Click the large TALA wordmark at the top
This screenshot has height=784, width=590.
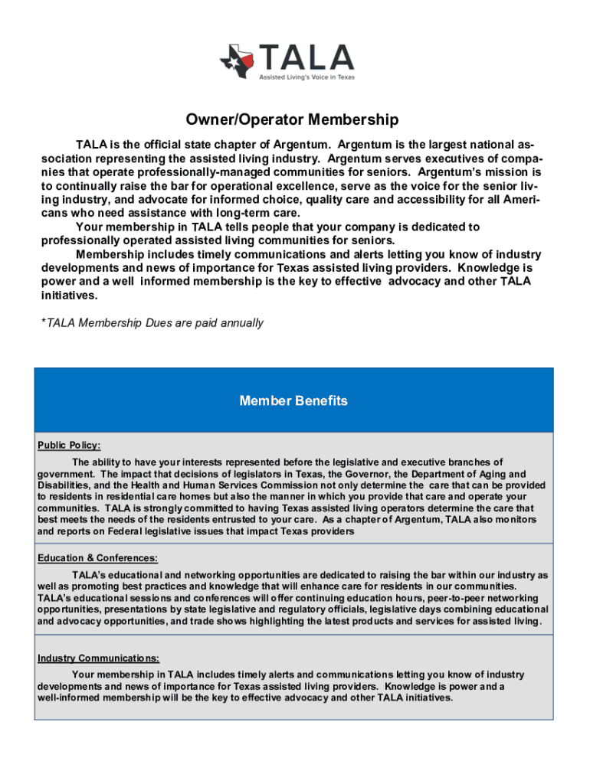point(306,57)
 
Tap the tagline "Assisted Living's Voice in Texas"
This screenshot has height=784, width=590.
point(306,77)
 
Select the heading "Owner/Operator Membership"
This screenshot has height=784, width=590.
point(292,120)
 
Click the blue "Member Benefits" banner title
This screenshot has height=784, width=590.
point(293,400)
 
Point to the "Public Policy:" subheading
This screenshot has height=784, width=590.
point(69,446)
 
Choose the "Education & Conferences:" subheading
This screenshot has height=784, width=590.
point(97,558)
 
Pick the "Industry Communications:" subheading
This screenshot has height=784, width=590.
point(98,658)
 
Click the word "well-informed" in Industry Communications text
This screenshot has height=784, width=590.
point(70,697)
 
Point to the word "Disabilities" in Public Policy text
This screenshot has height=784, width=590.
point(67,485)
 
